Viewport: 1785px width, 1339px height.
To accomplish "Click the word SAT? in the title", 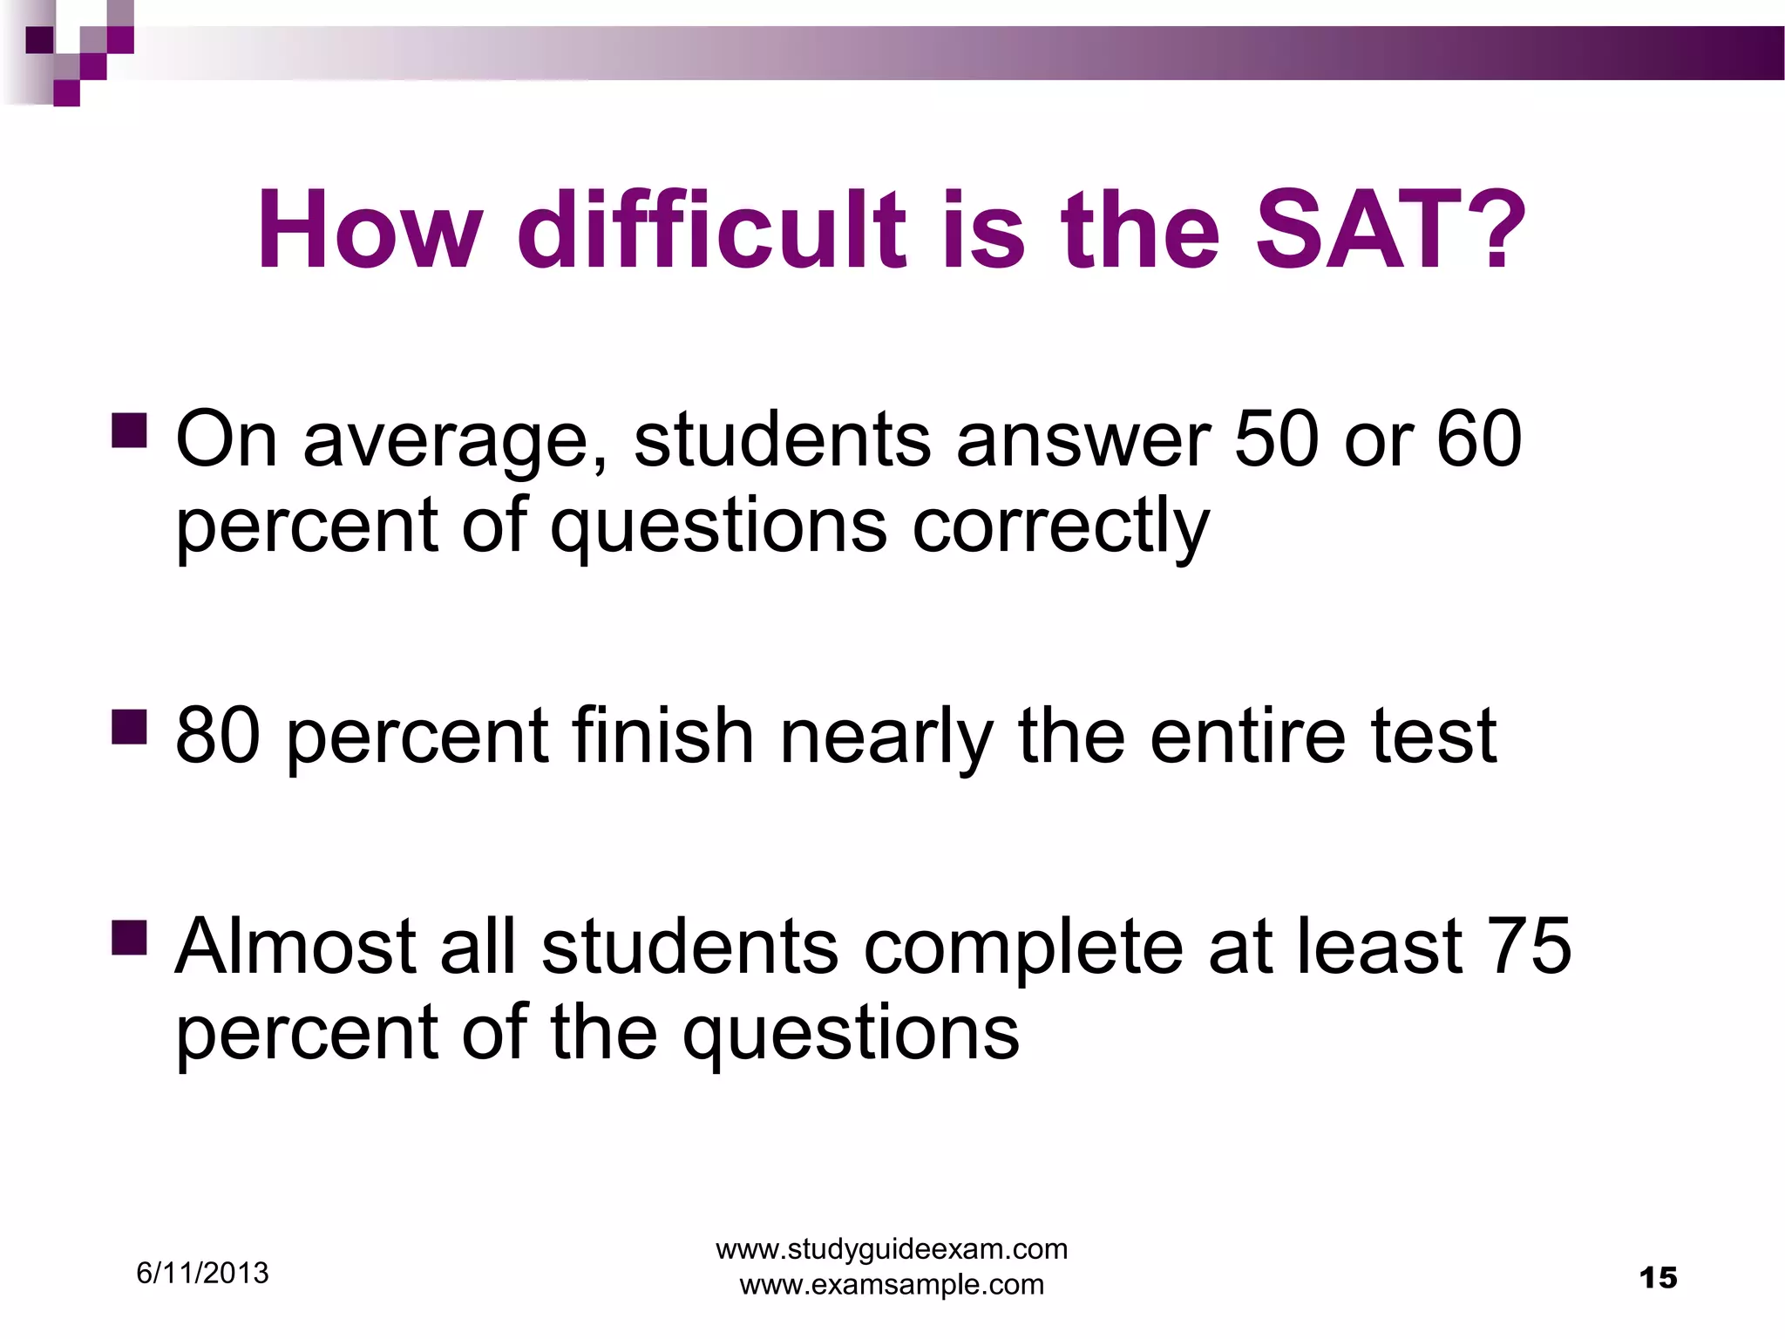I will coord(1390,231).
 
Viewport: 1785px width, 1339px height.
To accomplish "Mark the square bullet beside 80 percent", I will coord(129,726).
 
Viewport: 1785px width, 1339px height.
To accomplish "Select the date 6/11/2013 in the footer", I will coord(202,1274).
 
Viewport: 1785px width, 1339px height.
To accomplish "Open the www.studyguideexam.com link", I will coord(892,1249).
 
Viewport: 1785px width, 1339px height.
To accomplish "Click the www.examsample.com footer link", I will coord(892,1284).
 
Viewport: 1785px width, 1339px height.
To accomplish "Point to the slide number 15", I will coord(1658,1278).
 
